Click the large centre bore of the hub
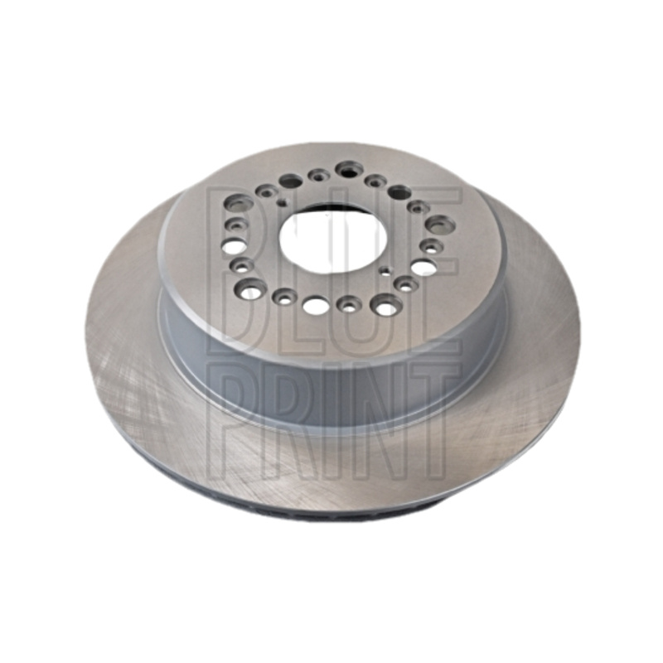pyautogui.click(x=334, y=240)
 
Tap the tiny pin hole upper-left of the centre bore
pyautogui.click(x=281, y=202)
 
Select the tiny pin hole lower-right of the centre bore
pyautogui.click(x=385, y=271)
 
